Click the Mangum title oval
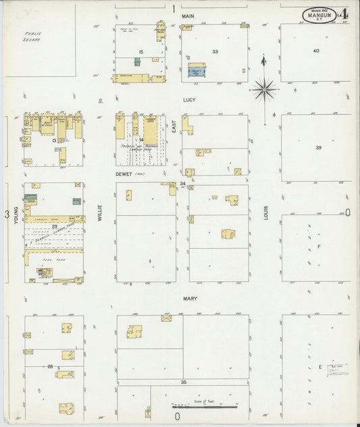click(x=321, y=14)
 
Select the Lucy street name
click(x=188, y=99)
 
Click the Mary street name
click(x=188, y=297)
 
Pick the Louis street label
click(x=266, y=214)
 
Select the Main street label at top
click(x=188, y=16)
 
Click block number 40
click(x=316, y=51)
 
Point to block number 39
click(x=318, y=147)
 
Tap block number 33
click(x=215, y=51)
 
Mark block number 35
click(x=183, y=382)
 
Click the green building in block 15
click(x=137, y=61)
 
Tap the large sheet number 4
click(x=345, y=14)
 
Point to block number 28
click(x=50, y=366)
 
